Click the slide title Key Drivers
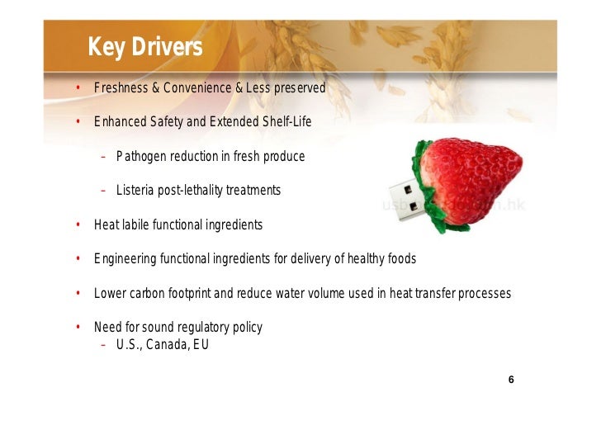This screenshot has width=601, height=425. tap(144, 48)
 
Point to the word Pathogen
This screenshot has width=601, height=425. tap(140, 156)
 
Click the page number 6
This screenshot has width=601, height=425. tap(511, 380)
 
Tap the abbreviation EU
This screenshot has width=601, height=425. tap(201, 345)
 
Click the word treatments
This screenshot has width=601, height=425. tap(253, 191)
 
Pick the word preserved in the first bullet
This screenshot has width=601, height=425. tap(299, 87)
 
